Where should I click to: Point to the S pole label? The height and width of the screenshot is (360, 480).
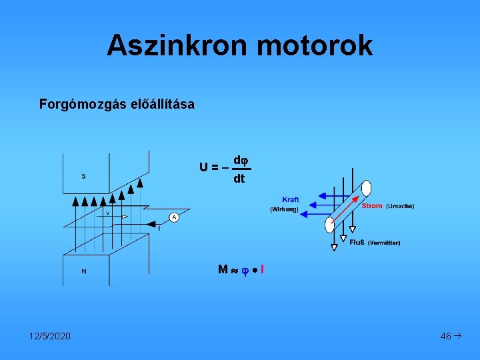click(x=83, y=176)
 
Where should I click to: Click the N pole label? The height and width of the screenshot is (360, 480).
click(x=83, y=271)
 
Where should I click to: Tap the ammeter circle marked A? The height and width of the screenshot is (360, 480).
click(x=174, y=217)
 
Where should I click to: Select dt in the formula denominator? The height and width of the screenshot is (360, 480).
click(x=239, y=179)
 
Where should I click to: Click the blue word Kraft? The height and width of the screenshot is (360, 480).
click(x=291, y=199)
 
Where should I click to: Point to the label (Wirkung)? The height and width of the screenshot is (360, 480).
click(x=284, y=209)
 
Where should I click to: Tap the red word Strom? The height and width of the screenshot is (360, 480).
click(x=372, y=206)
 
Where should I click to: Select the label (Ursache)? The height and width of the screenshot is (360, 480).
click(x=400, y=206)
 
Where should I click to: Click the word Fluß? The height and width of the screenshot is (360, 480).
click(x=357, y=243)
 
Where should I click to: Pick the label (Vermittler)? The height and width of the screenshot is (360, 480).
click(x=384, y=243)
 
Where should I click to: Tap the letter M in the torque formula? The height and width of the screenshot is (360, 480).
click(x=223, y=269)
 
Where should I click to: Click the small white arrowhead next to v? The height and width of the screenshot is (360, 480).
click(x=125, y=216)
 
